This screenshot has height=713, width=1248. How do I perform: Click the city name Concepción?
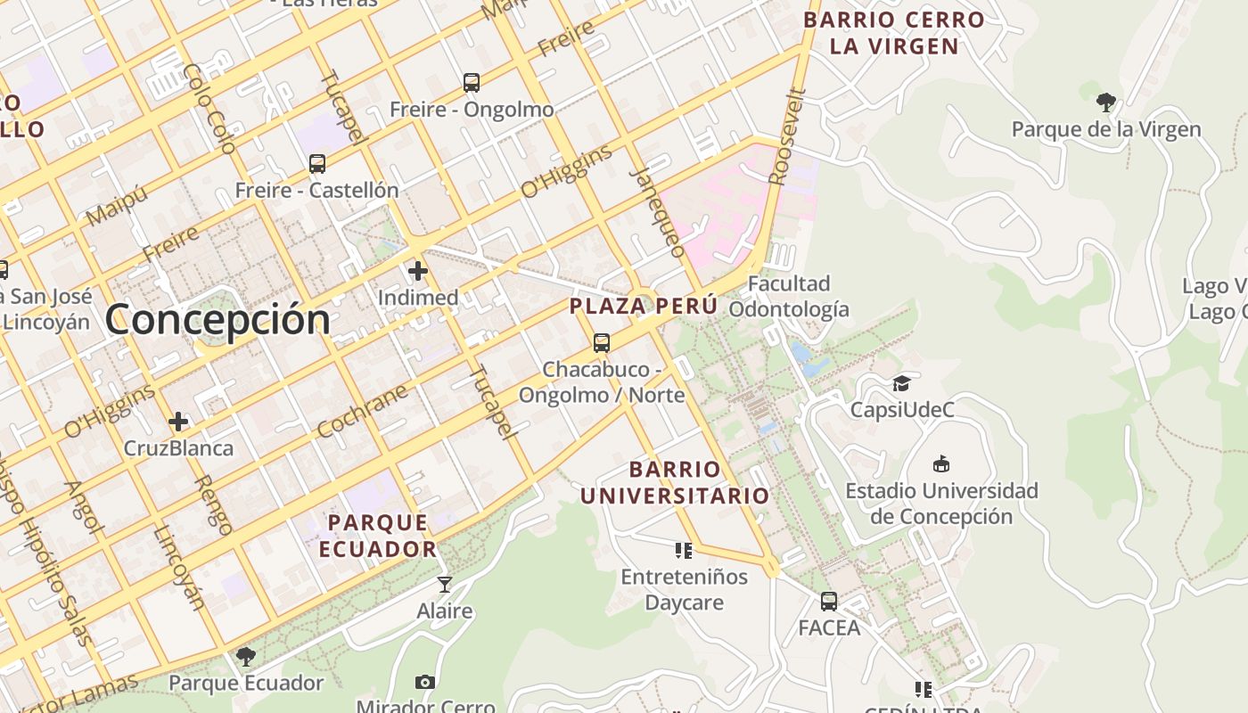point(218,319)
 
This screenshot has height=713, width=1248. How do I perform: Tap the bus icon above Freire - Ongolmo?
point(472,83)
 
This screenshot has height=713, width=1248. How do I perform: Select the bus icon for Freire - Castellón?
point(317,164)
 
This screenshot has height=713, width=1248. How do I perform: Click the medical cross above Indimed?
point(418,271)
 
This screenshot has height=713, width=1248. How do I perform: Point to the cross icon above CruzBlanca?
point(178,422)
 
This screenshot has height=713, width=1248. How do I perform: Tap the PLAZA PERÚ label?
point(644,306)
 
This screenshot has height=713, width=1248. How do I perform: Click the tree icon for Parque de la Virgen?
point(1106,102)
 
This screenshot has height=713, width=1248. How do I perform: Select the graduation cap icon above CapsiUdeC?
point(902,383)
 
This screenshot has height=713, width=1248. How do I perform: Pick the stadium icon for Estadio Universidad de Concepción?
point(941,463)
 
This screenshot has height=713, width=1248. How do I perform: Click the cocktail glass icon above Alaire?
point(445,585)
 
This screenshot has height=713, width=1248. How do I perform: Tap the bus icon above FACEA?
point(829,602)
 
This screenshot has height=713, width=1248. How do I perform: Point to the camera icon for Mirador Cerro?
point(425,682)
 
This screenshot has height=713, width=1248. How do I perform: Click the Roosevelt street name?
point(787,136)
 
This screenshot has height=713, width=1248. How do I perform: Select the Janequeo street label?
point(659,212)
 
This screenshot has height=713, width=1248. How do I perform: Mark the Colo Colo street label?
point(208,109)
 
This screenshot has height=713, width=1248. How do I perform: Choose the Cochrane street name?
point(362,411)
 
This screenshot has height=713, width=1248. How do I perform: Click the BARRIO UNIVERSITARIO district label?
point(675,482)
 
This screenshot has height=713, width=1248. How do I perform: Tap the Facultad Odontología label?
point(789,297)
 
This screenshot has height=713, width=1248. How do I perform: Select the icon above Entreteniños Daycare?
point(684,550)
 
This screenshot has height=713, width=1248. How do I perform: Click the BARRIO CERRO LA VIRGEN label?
point(894,32)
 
